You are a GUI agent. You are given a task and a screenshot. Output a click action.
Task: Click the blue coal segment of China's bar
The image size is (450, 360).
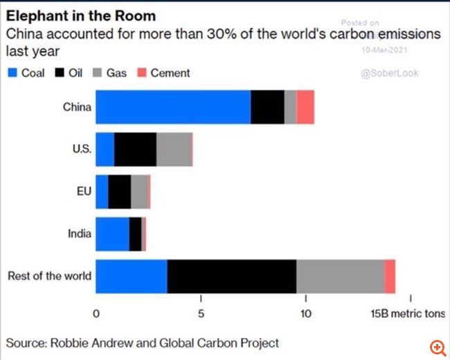(x=173, y=107)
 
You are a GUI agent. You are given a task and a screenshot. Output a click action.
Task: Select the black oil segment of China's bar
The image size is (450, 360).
(x=267, y=107)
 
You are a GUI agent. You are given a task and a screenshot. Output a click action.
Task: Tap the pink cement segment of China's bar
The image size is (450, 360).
(x=305, y=107)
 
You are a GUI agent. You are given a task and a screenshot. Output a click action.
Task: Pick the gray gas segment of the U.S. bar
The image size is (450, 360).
(x=174, y=149)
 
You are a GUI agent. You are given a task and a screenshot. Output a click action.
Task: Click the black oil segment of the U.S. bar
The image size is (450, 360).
(x=135, y=149)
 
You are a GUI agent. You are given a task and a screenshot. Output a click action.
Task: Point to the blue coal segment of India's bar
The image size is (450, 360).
(x=112, y=233)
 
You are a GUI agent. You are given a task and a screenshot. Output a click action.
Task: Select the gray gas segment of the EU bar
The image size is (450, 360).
(x=138, y=191)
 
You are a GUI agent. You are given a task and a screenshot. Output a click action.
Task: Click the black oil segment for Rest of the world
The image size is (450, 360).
(x=231, y=276)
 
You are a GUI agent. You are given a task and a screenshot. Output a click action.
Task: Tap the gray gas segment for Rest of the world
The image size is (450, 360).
(x=340, y=276)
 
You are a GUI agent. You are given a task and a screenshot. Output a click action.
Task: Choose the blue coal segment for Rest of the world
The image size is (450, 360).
(x=131, y=276)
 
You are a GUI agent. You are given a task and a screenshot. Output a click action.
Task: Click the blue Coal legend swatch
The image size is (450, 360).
(x=12, y=73)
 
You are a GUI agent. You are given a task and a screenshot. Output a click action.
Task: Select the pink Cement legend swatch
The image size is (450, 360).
(x=141, y=73)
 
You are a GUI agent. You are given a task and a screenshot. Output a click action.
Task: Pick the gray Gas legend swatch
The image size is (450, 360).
(x=97, y=73)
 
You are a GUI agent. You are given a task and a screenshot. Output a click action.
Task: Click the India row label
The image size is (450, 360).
(x=79, y=233)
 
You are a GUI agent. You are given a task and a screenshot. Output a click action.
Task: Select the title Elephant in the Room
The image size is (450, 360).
(x=80, y=15)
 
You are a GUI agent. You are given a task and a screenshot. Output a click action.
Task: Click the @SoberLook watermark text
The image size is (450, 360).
(x=390, y=73)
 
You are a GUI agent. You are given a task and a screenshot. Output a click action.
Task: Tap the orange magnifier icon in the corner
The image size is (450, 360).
(x=437, y=347)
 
